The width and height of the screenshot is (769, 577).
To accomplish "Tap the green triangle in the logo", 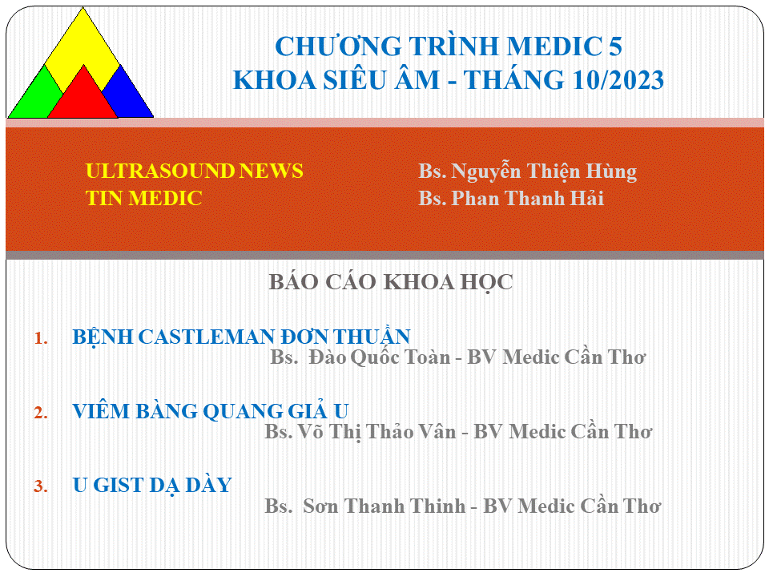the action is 37,98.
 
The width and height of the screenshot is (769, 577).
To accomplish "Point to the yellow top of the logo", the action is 83,44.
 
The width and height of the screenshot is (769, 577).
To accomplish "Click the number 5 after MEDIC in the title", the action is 615,46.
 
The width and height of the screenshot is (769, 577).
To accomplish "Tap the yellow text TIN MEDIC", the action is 143,198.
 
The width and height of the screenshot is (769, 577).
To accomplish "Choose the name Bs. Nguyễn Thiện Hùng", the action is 527,171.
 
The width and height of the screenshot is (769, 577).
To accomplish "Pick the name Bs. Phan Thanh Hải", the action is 510,198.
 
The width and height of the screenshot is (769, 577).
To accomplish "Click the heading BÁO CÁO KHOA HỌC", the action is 390,282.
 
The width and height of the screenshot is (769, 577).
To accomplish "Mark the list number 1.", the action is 41,338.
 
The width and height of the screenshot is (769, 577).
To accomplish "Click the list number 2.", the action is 41,413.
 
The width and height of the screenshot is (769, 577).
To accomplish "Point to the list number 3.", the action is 41,486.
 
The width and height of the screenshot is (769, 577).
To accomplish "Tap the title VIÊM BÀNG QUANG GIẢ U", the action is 211,411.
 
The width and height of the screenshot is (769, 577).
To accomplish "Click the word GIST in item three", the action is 119,486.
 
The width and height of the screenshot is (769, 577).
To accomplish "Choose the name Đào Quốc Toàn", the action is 379,357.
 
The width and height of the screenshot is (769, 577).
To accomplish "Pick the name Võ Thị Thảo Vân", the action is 377,432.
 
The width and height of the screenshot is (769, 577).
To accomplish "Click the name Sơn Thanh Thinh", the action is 384,506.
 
